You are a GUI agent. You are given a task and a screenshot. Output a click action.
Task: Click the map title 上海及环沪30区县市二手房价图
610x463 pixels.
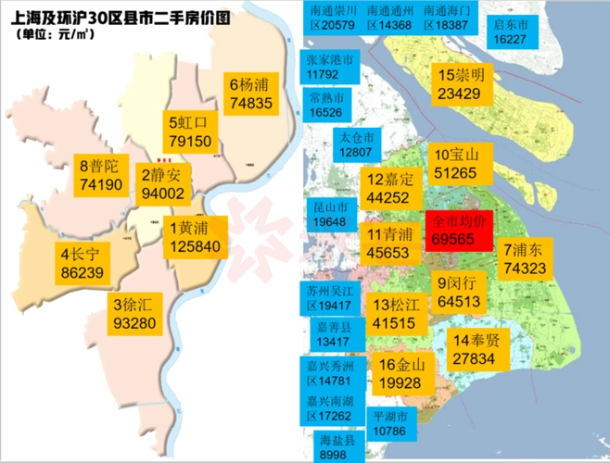tap(120, 16)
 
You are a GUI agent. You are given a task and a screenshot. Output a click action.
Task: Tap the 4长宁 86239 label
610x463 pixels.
tap(82, 264)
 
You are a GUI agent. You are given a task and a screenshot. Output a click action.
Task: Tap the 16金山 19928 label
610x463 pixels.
tap(400, 373)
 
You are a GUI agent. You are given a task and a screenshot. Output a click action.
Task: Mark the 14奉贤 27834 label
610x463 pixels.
tap(478, 348)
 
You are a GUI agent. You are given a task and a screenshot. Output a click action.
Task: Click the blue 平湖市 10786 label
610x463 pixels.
tap(389, 424)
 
